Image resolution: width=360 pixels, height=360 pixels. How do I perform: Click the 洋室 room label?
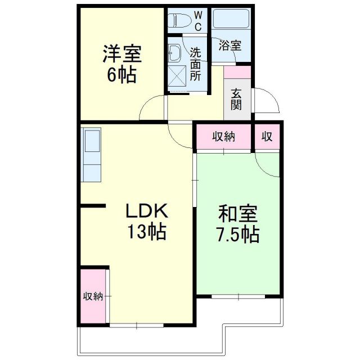121,55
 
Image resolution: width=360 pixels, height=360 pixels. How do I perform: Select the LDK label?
146,212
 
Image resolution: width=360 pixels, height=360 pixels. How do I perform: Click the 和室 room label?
238,215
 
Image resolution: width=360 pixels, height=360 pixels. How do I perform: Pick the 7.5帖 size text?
238,235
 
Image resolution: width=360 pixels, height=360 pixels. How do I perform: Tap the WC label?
199,21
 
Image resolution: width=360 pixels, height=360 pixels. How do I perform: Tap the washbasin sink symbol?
174,53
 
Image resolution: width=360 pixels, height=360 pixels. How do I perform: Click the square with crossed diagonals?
178,78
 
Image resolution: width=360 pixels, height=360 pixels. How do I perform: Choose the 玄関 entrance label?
235,99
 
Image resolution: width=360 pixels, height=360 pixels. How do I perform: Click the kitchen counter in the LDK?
92,155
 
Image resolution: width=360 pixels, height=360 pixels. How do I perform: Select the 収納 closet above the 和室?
223,137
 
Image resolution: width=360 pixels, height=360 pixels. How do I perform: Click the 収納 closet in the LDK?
93,296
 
